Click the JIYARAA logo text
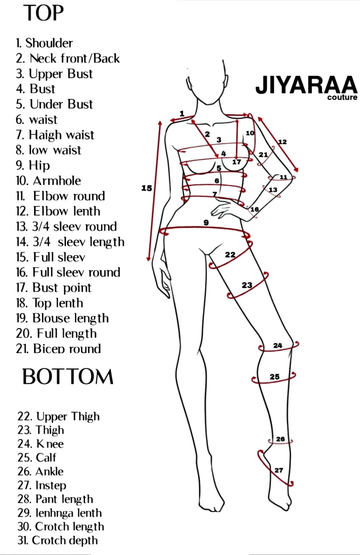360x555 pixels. tap(307, 85)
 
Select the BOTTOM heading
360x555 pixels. tap(68, 376)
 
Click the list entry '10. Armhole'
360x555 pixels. tap(48, 181)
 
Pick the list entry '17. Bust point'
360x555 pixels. tap(53, 288)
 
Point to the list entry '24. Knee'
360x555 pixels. tap(40, 444)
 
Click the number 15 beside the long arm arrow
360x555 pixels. tap(146, 188)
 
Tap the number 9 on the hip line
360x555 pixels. tap(206, 222)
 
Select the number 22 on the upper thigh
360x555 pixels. tap(230, 255)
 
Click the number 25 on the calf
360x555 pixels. tap(275, 377)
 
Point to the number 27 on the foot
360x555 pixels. tap(279, 470)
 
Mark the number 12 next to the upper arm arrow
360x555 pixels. tap(282, 142)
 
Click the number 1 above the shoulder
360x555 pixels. tap(182, 114)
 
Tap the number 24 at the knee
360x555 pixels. tap(278, 345)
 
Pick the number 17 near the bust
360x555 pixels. tap(236, 162)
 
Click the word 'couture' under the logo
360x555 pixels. tap(342, 97)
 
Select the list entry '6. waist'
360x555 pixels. tap(36, 120)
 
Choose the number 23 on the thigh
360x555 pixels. tap(247, 285)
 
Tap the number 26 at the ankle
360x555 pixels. tap(281, 439)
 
